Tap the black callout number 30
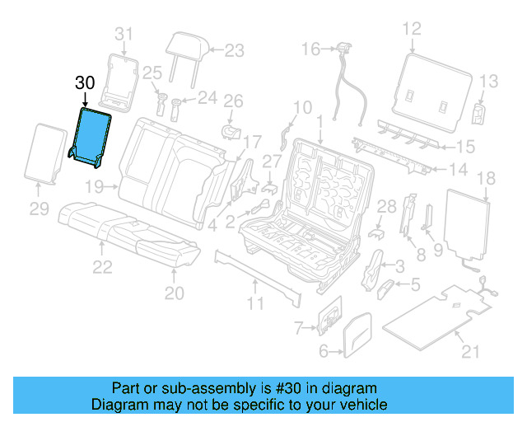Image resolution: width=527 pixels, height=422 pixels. [x=85, y=83]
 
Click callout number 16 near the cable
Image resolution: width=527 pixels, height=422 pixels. [x=310, y=49]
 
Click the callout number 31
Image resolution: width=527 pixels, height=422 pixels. [x=123, y=34]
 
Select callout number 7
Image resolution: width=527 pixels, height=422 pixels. [x=301, y=329]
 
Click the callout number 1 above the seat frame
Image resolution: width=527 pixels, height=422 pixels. [x=318, y=121]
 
